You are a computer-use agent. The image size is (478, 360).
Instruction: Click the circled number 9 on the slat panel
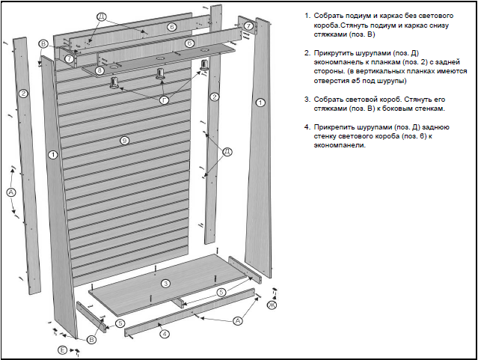124,141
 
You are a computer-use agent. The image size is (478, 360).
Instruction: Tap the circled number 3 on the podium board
165,283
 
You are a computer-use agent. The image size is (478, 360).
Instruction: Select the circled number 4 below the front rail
165,333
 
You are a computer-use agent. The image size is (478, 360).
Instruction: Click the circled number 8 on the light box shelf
101,70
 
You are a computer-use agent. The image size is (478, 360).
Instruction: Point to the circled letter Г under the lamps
164,99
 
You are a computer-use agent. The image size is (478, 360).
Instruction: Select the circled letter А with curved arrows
11,192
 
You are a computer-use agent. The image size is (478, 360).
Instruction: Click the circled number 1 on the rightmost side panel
260,102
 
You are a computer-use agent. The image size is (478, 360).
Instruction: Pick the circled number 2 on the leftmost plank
23,94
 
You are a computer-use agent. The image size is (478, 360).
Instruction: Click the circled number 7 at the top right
248,26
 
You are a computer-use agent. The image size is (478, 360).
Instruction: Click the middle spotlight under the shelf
159,73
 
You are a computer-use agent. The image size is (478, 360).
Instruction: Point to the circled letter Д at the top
102,15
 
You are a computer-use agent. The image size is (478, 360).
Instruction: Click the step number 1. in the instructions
307,16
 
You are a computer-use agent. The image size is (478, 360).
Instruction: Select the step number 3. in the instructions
307,99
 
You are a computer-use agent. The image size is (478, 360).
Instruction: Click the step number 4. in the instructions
307,126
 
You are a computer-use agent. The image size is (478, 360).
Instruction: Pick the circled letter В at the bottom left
91,340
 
